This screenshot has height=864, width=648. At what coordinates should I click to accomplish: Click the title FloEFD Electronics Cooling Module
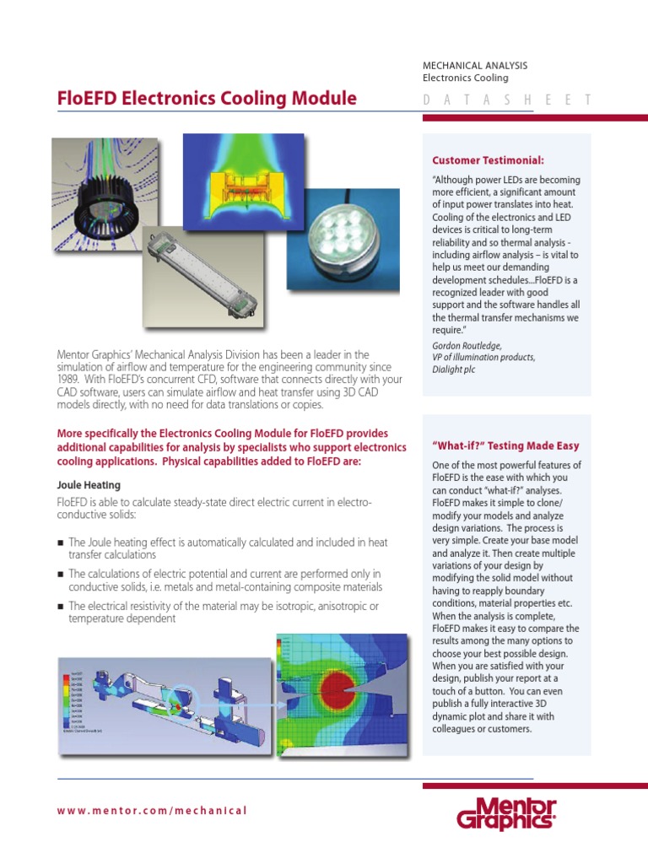207,99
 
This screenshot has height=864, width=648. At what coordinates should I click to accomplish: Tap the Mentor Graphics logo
506,814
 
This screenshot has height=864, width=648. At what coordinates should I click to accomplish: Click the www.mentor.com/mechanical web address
152,811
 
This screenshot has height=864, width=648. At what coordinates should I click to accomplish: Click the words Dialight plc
453,369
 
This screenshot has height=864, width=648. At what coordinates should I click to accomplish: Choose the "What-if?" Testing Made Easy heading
505,445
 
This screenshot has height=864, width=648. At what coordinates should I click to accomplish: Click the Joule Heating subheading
89,485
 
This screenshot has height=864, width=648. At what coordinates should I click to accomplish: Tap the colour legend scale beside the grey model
75,699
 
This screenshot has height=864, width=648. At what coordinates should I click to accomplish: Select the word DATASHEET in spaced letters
505,100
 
